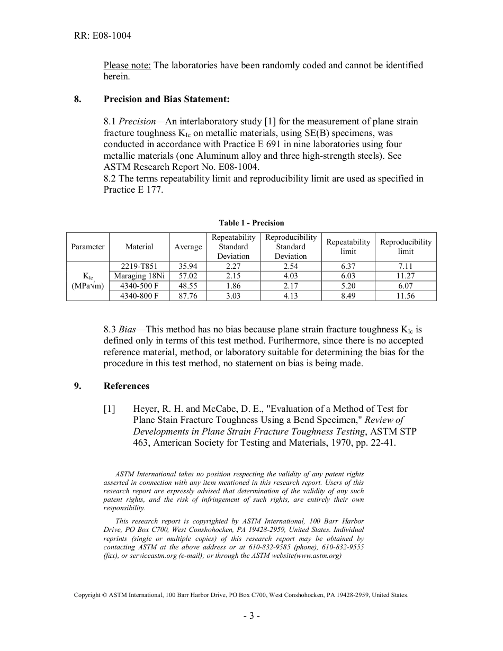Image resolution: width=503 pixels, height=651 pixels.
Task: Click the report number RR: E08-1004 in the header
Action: pos(103,36)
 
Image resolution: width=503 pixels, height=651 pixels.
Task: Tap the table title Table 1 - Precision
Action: pos(251,223)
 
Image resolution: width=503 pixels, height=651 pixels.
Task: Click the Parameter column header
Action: pos(88,247)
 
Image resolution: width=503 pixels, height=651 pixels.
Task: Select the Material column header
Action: pos(139,247)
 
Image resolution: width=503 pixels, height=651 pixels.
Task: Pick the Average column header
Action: pos(188,247)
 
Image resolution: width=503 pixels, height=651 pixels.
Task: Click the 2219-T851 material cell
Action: pos(139,266)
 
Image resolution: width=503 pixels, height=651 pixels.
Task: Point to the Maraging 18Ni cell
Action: pos(139,276)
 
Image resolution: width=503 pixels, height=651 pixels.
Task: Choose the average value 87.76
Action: pos(188,296)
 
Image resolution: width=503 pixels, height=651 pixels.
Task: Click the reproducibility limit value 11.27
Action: pos(406,276)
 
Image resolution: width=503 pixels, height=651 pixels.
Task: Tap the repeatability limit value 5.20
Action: pos(348,286)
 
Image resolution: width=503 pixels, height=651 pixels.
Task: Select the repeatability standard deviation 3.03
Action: pos(233,296)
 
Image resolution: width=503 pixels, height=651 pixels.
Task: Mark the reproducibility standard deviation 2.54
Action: pos(291,266)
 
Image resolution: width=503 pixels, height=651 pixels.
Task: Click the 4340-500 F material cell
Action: pos(139,286)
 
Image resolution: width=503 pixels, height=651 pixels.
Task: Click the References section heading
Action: pos(127,386)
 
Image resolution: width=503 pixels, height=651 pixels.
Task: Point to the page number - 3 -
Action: pos(251,616)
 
